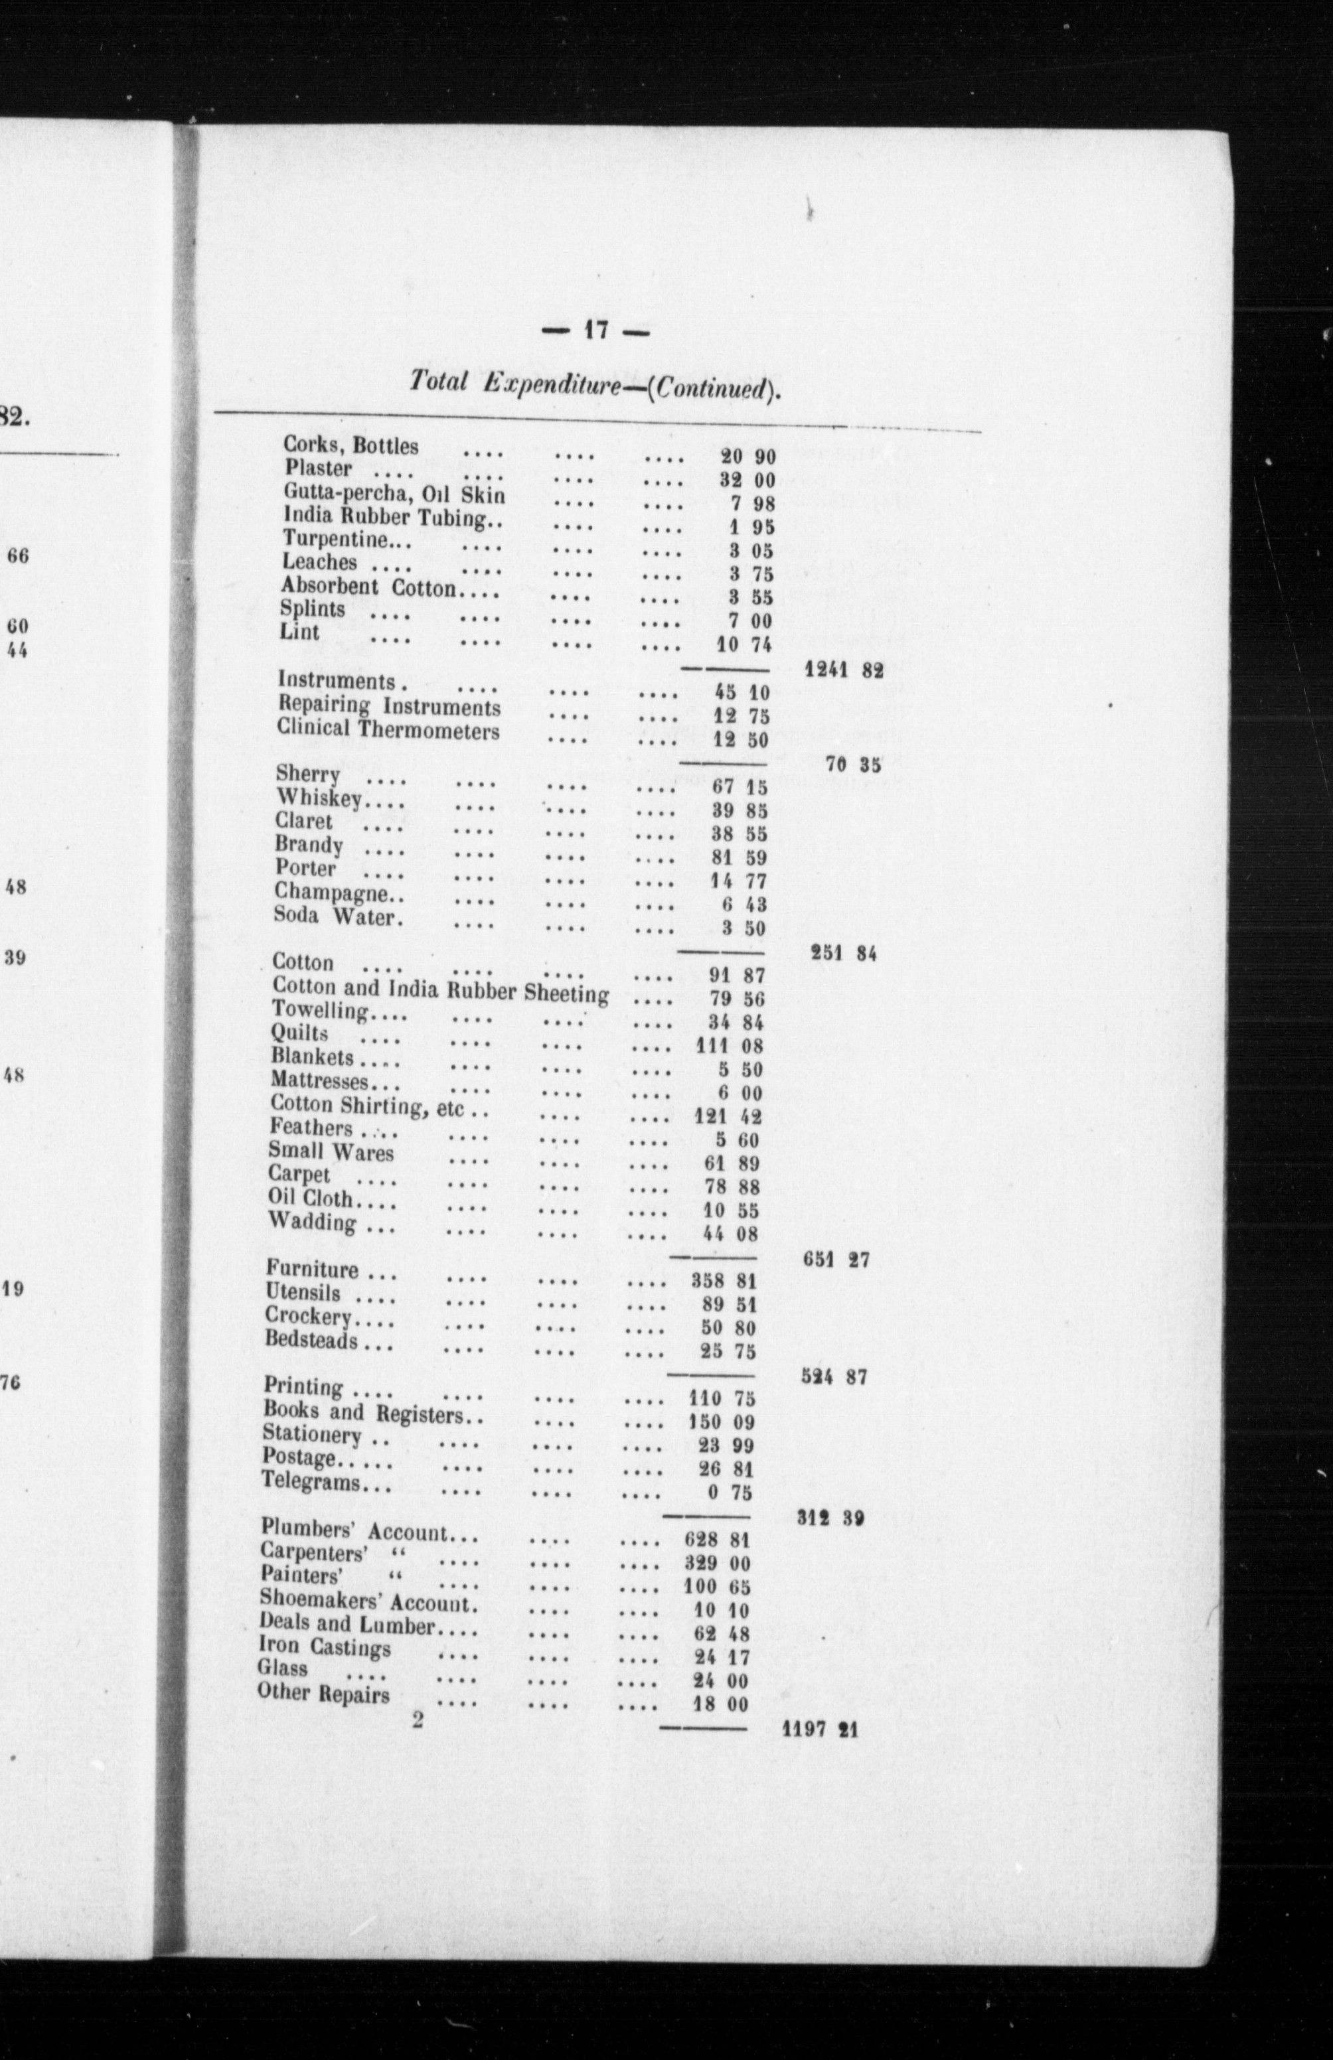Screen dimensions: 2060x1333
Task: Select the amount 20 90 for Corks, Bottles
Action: click(748, 455)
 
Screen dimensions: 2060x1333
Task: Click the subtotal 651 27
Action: click(835, 1260)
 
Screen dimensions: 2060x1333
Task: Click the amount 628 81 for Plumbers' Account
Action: click(715, 1540)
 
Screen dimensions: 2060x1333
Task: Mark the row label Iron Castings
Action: click(325, 1647)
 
